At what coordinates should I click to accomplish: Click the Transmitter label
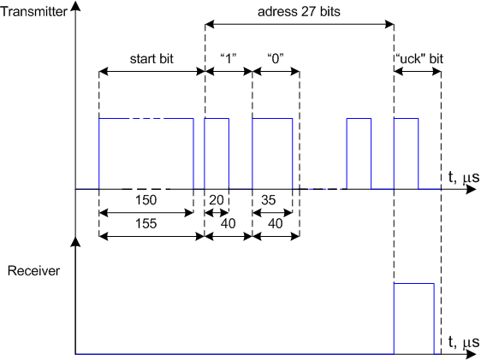tap(33, 12)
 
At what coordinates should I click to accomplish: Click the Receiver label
tap(33, 271)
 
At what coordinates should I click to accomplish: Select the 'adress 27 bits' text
tap(299, 12)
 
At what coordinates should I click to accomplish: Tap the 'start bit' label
tap(151, 58)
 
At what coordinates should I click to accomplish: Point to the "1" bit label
tap(229, 58)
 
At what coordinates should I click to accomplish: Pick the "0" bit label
tap(276, 58)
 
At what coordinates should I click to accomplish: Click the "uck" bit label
tap(419, 58)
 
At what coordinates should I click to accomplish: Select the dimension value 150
tap(146, 200)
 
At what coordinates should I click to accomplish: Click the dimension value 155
tap(146, 223)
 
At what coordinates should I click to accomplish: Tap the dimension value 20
tap(217, 200)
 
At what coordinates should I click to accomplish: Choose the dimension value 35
tap(269, 200)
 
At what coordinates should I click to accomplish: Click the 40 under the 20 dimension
tap(229, 223)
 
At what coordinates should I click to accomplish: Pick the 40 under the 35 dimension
tap(276, 223)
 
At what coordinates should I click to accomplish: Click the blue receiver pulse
tap(414, 284)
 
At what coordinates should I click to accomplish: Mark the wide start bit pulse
tap(146, 118)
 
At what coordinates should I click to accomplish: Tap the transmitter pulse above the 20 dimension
tap(217, 118)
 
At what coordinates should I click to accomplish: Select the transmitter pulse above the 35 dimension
tap(272, 118)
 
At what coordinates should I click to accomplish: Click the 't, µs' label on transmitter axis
tap(463, 177)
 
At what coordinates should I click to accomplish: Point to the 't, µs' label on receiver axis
tap(463, 342)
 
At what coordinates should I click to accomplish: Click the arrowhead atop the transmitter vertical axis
tap(75, 5)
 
